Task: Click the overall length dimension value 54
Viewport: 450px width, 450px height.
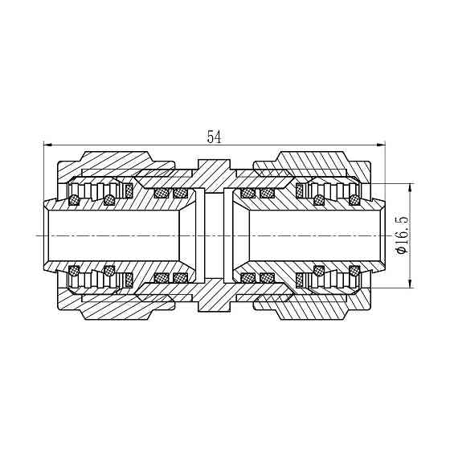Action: click(x=214, y=137)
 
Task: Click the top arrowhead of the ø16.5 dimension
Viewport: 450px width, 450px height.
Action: click(x=411, y=188)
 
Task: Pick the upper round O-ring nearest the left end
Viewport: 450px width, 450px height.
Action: click(x=75, y=198)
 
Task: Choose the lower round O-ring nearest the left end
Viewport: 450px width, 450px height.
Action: click(x=75, y=271)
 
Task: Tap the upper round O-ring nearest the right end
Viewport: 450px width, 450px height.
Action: click(x=354, y=198)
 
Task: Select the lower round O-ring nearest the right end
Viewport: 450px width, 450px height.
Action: click(x=354, y=271)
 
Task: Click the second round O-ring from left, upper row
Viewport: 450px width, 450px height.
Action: click(x=108, y=198)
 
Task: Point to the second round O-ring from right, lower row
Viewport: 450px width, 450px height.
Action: click(x=320, y=271)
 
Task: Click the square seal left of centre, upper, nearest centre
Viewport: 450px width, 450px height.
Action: click(x=180, y=193)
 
